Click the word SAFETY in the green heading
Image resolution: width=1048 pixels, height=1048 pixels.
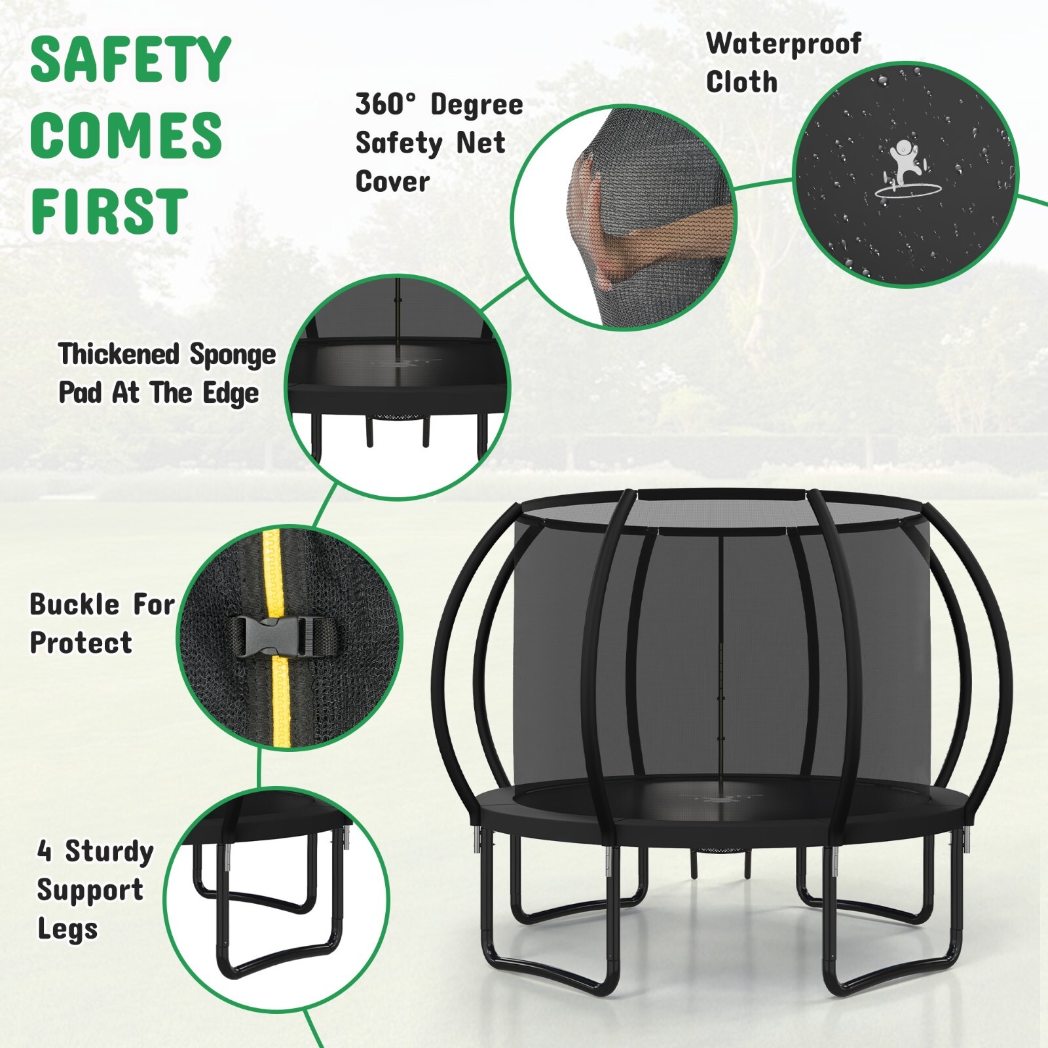pos(130,60)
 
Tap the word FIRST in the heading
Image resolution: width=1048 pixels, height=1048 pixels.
pos(109,211)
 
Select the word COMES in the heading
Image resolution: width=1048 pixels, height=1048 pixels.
pos(126,136)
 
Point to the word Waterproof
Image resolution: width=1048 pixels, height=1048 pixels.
pos(783,45)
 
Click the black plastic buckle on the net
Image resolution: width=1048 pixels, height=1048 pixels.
pos(285,636)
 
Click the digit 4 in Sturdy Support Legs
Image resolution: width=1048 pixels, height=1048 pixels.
pos(44,851)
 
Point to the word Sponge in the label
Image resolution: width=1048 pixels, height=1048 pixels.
pos(233,355)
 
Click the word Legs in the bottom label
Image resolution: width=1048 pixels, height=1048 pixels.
pos(67,929)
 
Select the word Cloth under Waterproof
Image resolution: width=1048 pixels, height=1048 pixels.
pos(741,83)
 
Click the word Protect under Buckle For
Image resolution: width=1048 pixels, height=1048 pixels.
pos(81,643)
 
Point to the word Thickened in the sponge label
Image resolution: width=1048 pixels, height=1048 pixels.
pos(119,354)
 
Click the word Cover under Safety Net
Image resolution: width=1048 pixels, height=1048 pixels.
pos(392,182)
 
